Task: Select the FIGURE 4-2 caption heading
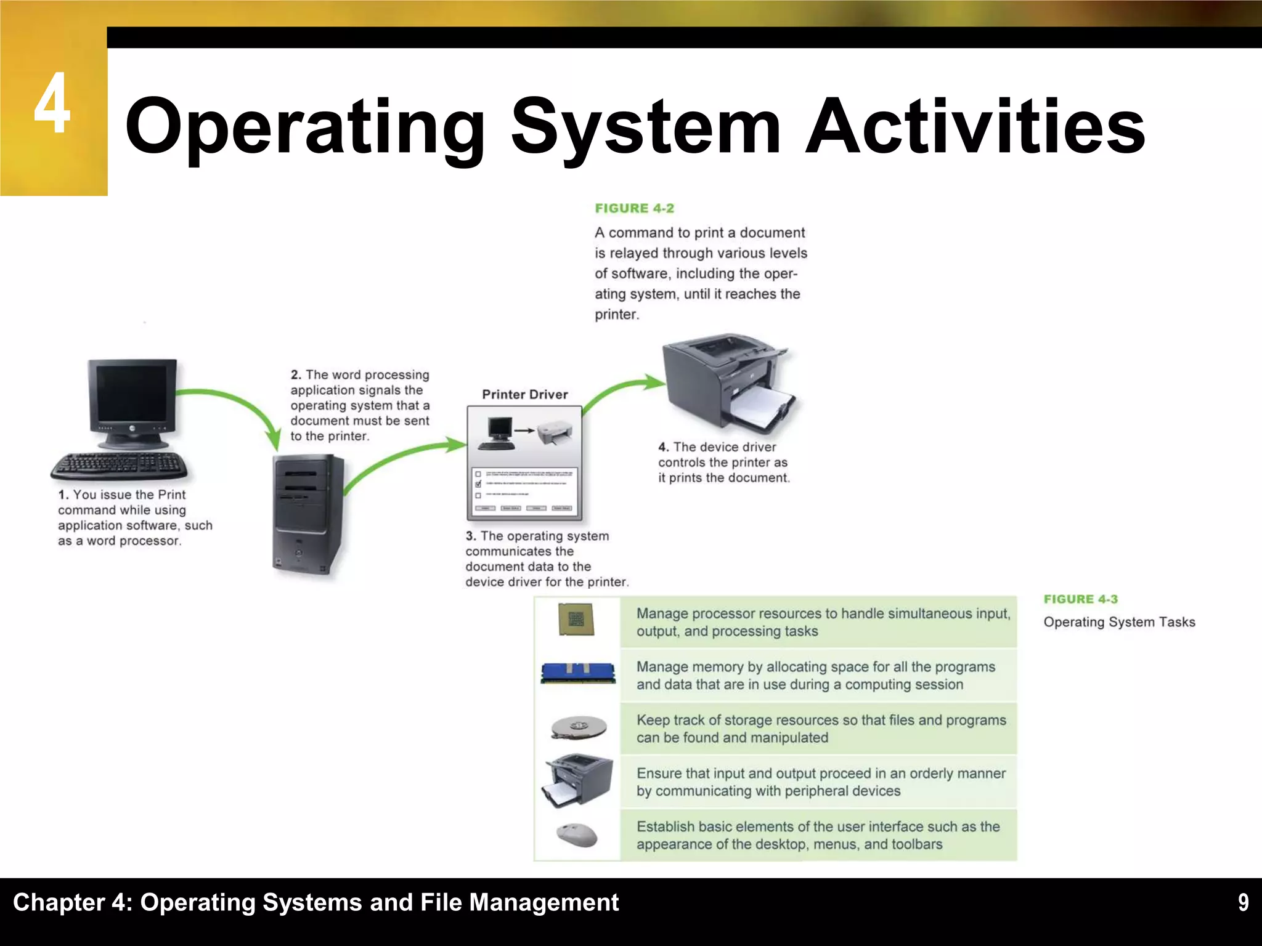(x=634, y=209)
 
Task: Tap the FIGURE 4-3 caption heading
(x=1080, y=599)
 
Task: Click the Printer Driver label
(x=524, y=395)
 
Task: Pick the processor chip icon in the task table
(x=576, y=619)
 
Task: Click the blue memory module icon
(x=577, y=673)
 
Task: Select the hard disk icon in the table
(x=578, y=727)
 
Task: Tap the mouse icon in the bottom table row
(x=577, y=835)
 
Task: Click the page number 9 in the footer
(x=1243, y=903)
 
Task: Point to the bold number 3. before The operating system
(x=471, y=536)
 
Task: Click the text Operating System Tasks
(x=1118, y=622)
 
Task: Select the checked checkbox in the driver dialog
(x=478, y=484)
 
